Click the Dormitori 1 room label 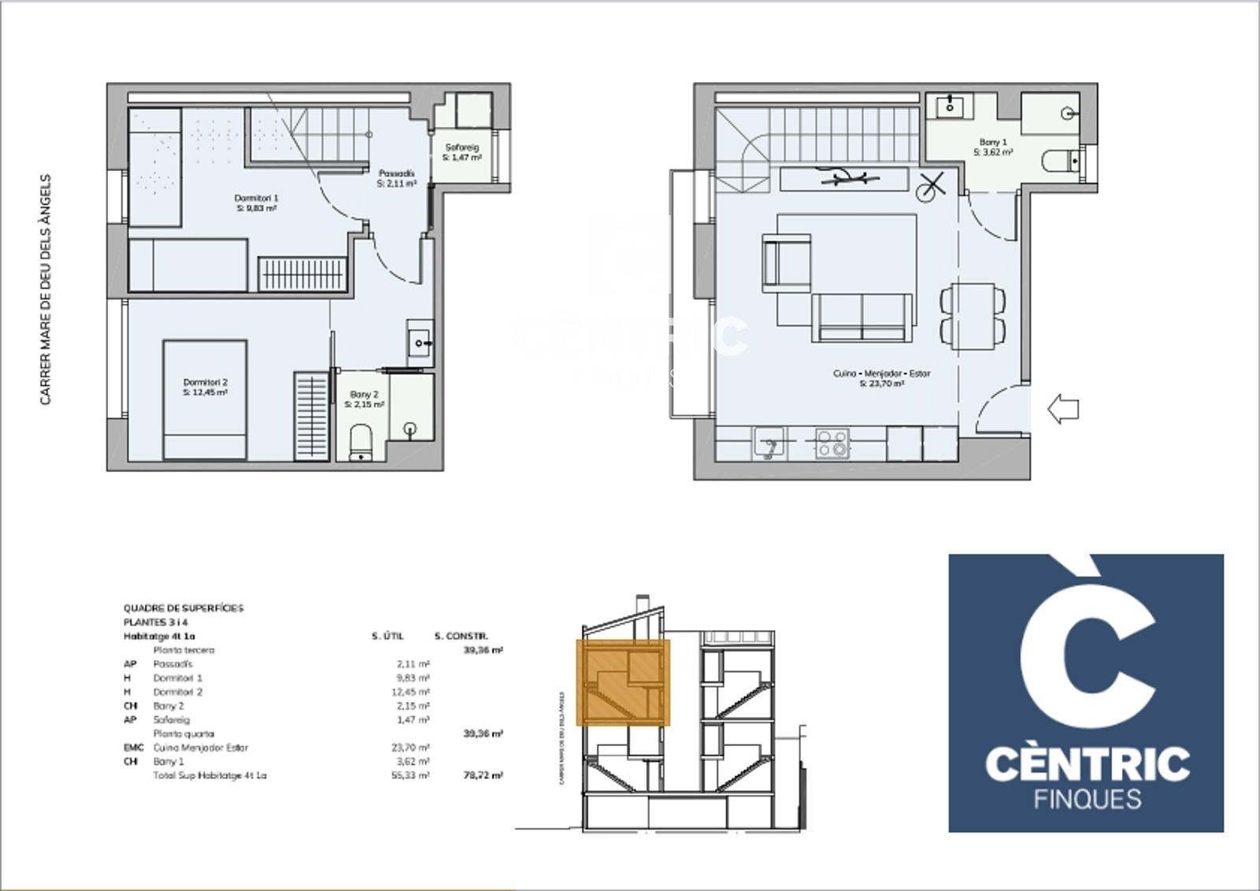(257, 203)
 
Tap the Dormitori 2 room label (205, 387)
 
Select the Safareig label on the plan (461, 152)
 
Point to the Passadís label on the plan (396, 178)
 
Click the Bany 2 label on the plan (364, 399)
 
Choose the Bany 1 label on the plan (993, 147)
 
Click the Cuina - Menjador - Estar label (881, 378)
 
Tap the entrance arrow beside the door (1062, 409)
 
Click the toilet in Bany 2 (361, 443)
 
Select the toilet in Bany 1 (1060, 161)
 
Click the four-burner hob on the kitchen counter (832, 443)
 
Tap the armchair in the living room (785, 263)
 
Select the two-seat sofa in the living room (862, 317)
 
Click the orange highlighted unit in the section (623, 682)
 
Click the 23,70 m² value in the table (413, 748)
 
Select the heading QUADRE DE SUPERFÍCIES (183, 608)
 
